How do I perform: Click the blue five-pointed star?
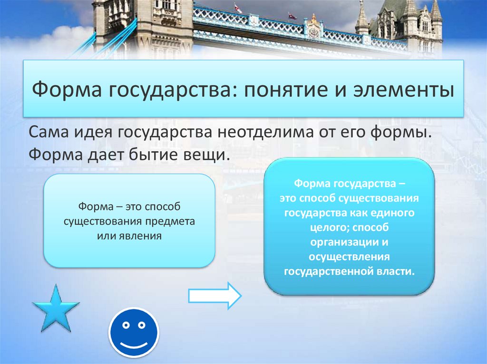[x=56, y=310]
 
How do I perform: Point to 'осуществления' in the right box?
[x=350, y=257]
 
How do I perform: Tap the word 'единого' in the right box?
[x=396, y=213]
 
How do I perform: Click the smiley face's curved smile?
[x=134, y=343]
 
